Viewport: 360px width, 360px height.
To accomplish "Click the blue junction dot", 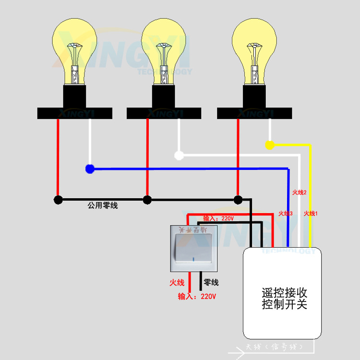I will point(89,168).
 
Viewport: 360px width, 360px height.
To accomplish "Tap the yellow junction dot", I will point(270,144).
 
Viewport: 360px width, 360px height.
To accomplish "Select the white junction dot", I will point(179,155).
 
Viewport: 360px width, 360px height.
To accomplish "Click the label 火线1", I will point(311,213).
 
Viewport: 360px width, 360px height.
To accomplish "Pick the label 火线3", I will point(286,213).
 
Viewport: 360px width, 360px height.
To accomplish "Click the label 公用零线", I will point(102,205).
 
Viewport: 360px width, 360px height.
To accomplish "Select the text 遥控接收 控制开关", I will point(284,298).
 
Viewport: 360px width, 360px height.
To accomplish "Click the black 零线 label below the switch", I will point(211,283).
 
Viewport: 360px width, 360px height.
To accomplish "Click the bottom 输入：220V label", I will point(197,296).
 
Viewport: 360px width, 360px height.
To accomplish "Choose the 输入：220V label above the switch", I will point(218,218).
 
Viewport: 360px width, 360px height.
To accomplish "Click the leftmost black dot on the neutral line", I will point(58,200).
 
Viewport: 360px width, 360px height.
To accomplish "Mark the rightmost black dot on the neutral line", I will point(237,200).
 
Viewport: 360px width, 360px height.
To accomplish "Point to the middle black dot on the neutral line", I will point(147,200).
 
